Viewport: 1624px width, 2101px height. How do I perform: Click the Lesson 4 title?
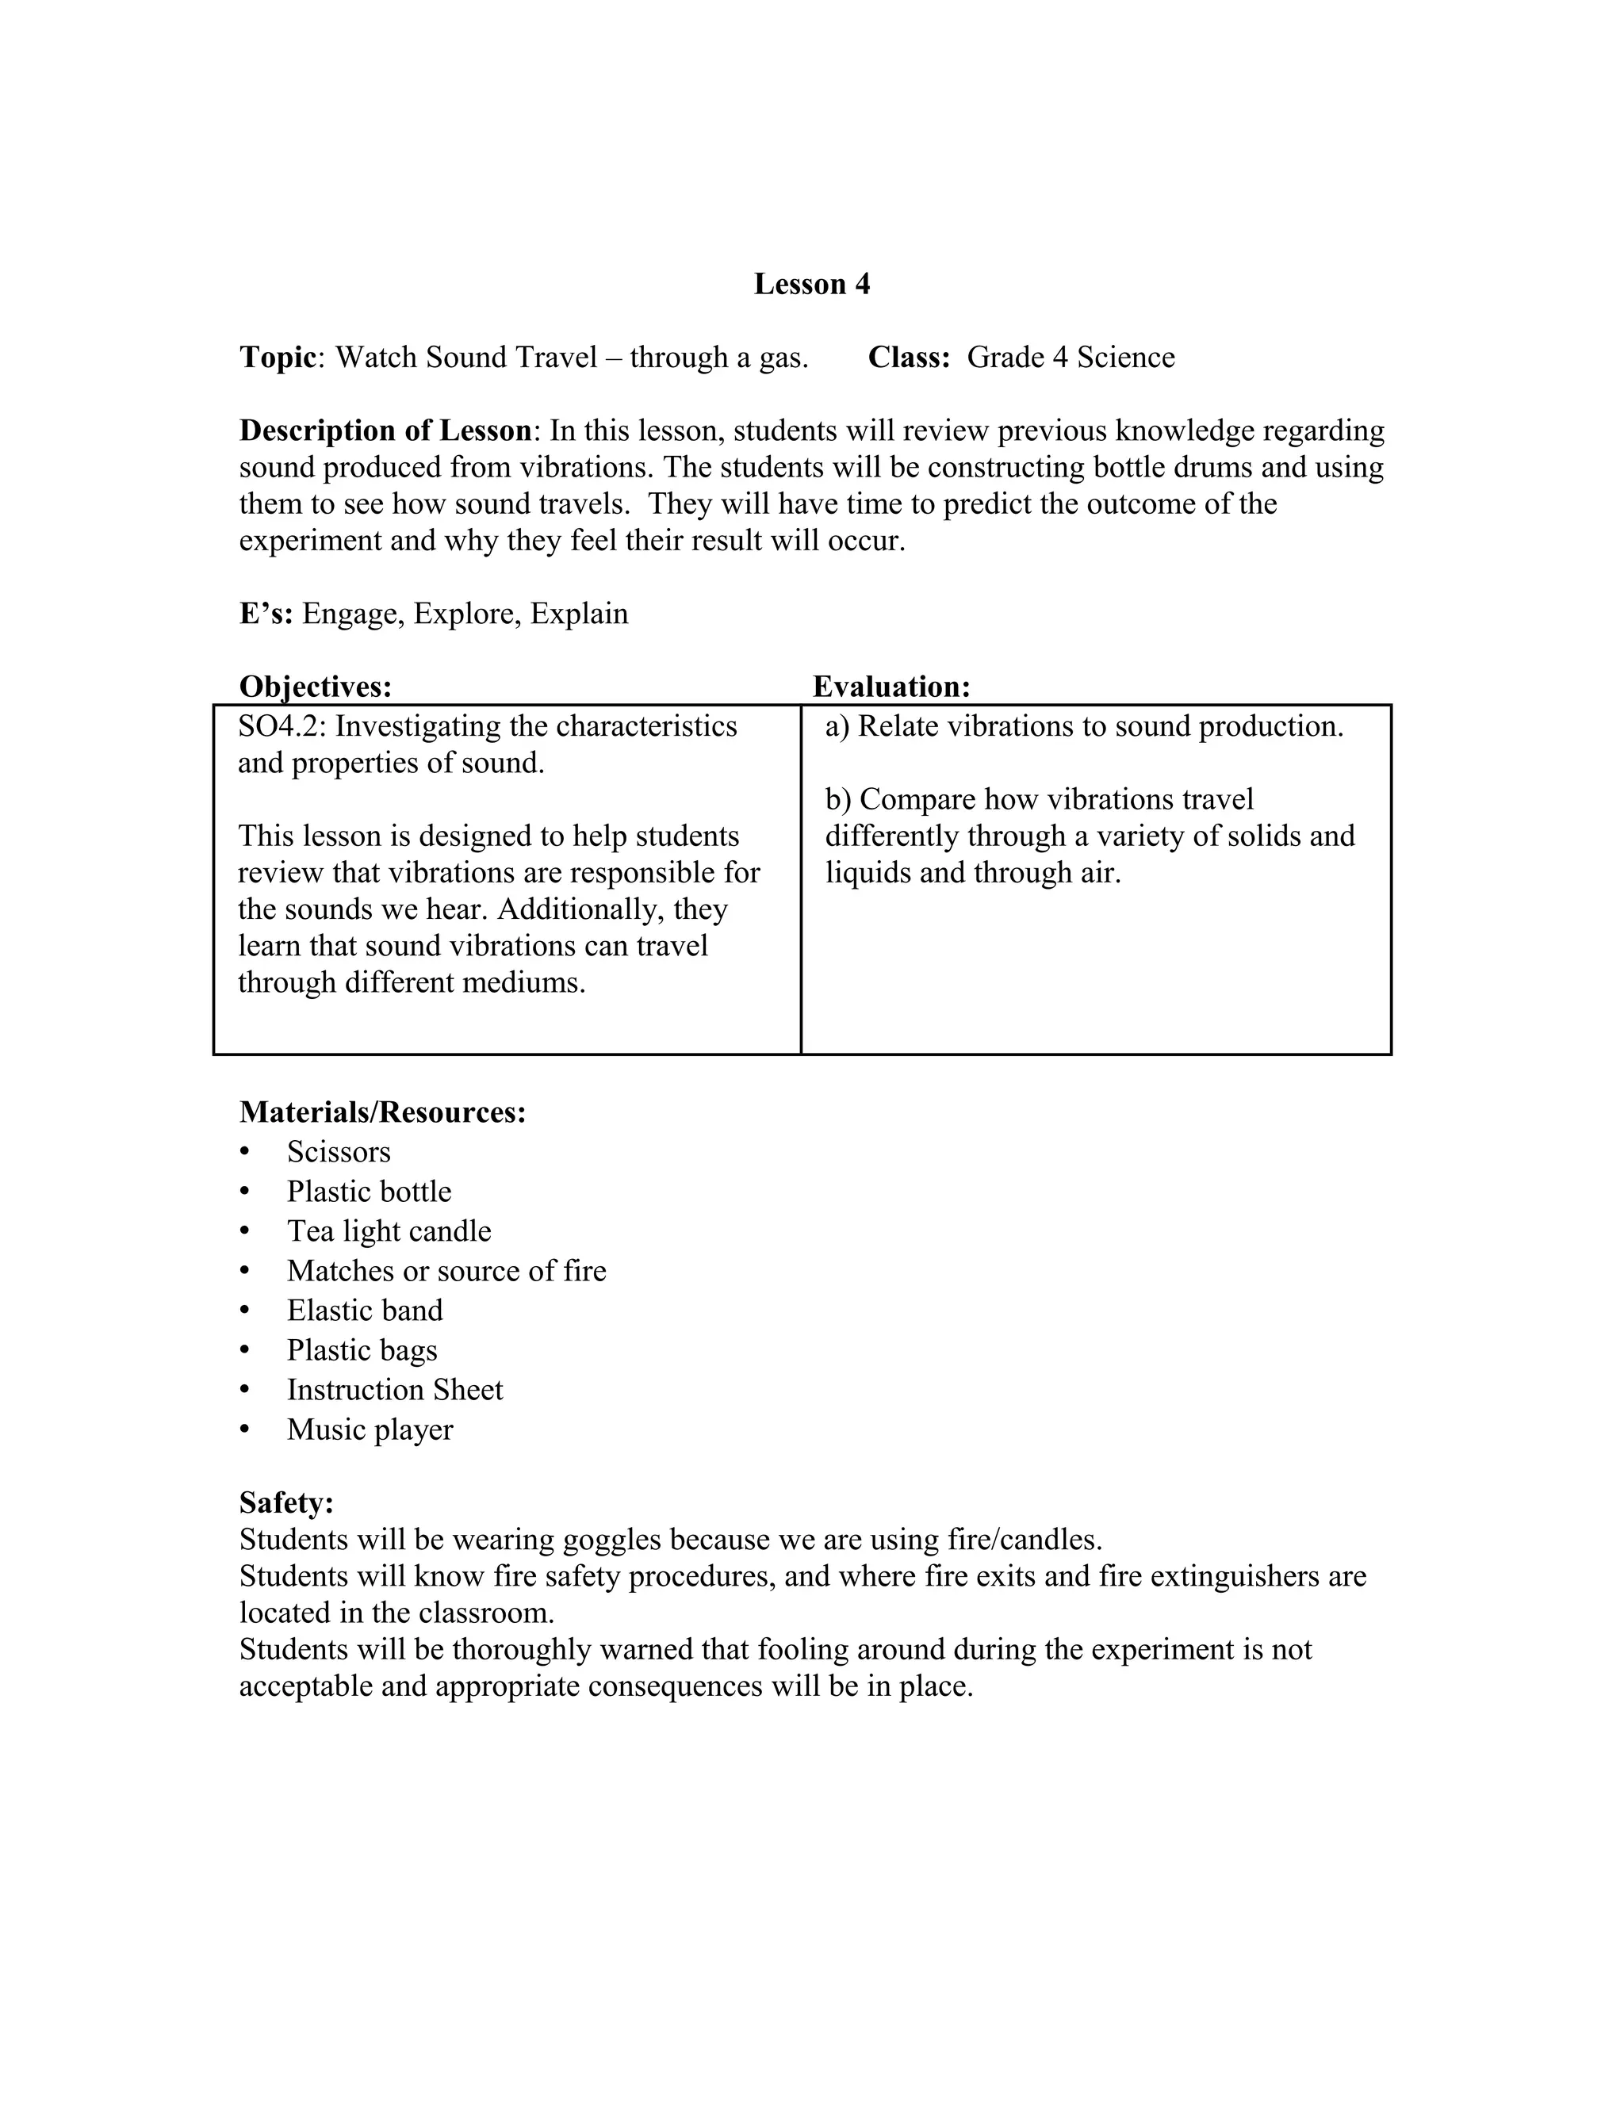tap(811, 284)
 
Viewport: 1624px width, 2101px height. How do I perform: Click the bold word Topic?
tap(277, 357)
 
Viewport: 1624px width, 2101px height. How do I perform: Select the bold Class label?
tap(907, 357)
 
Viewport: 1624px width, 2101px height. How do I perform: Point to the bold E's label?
tap(266, 614)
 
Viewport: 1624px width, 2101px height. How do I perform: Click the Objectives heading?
tap(316, 687)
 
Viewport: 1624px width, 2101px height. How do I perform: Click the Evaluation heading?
tap(891, 687)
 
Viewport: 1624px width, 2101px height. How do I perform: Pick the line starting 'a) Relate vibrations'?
tap(1083, 726)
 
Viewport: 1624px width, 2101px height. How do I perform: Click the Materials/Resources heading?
tap(382, 1112)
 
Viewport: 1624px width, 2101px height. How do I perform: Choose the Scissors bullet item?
tap(339, 1153)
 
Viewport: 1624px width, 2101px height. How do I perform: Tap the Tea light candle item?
tap(389, 1231)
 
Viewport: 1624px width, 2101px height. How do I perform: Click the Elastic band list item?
tap(365, 1311)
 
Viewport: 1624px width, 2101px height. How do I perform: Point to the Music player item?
tap(370, 1429)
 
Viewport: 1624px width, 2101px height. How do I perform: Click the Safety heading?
tap(285, 1502)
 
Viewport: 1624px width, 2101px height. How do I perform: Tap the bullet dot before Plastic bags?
tap(244, 1351)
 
